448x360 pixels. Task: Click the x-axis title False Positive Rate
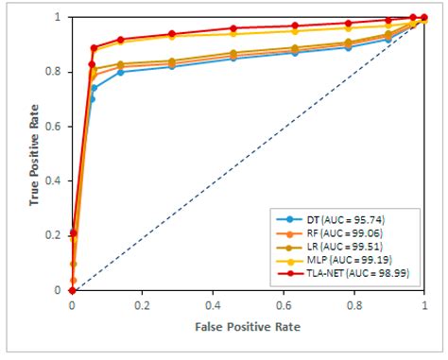click(x=248, y=326)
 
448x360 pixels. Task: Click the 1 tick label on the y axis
click(x=60, y=17)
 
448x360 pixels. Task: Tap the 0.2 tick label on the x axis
click(x=143, y=306)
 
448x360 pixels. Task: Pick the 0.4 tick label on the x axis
click(x=213, y=306)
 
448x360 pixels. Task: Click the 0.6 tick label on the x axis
click(x=284, y=306)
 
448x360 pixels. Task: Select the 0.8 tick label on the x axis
click(x=354, y=306)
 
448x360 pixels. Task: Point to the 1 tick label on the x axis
click(x=424, y=306)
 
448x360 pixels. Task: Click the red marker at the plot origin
click(x=72, y=290)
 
